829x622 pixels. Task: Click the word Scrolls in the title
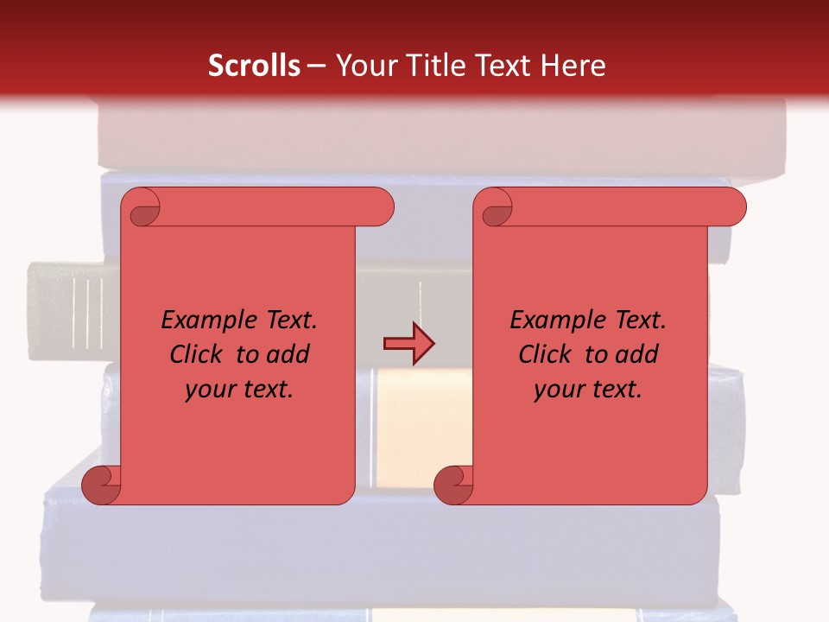(254, 66)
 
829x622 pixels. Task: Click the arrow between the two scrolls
(408, 343)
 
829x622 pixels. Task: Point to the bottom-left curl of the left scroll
(102, 485)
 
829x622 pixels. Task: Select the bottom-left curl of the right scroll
(453, 485)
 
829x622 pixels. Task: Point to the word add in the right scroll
(636, 354)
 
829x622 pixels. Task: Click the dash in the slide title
(317, 66)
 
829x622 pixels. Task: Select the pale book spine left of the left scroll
(73, 311)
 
